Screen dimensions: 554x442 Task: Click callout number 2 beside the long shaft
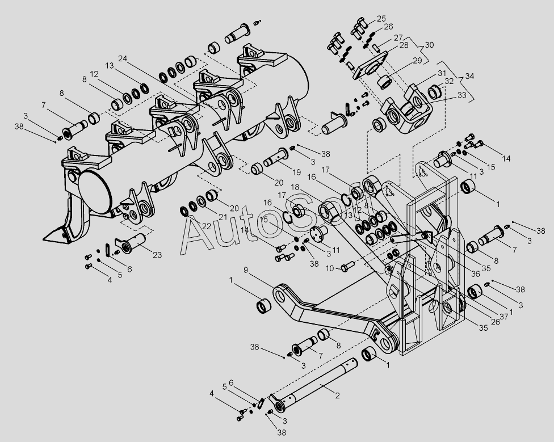tap(337, 395)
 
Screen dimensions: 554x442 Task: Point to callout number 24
tap(124, 58)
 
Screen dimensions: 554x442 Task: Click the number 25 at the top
tap(381, 18)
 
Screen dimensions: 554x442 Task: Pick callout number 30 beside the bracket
tap(429, 45)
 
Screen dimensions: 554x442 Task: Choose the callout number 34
tap(468, 76)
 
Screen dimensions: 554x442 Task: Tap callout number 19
tap(296, 171)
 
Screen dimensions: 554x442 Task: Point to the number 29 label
tap(417, 61)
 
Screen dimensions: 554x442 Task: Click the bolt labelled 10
tap(348, 266)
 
